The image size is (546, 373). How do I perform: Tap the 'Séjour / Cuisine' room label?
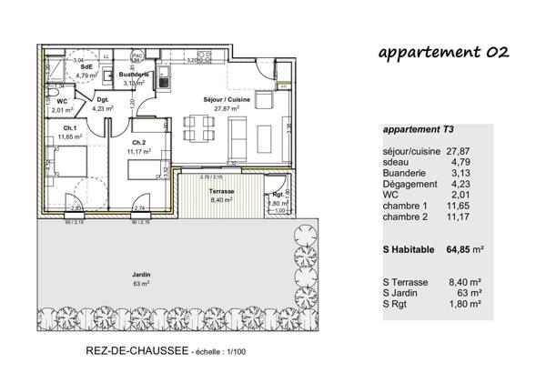click(220, 100)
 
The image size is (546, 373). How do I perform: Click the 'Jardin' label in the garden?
click(140, 275)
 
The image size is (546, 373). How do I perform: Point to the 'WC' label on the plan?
click(63, 102)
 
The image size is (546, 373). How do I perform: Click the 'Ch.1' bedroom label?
click(69, 128)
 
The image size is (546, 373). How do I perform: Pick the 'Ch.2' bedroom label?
click(139, 143)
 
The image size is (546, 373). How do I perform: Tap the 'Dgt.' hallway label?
click(103, 100)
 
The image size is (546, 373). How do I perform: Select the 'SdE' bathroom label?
click(86, 67)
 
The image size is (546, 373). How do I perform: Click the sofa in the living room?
click(238, 134)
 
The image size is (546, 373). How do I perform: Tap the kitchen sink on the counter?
click(164, 80)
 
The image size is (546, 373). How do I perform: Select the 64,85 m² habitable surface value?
click(465, 247)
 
